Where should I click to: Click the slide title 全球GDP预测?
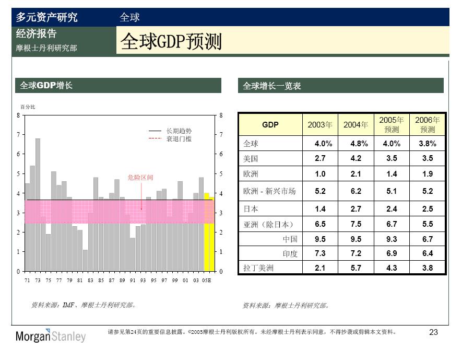pos(171,42)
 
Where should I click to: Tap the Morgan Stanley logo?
pos(51,335)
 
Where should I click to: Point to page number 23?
pos(433,332)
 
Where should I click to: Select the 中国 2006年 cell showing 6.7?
pos(428,239)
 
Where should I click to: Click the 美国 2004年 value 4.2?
pos(356,158)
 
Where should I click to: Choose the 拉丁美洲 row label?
pos(258,268)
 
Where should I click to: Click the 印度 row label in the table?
pos(290,253)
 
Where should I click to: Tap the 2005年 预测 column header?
pos(392,124)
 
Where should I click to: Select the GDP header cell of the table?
pos(270,125)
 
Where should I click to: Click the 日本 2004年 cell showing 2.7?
pos(356,209)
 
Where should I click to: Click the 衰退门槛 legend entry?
pos(179,138)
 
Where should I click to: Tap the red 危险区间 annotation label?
pos(140,178)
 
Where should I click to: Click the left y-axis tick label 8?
pos(18,115)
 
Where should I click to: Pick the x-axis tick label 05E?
pos(207,281)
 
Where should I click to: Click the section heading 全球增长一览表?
pos(272,86)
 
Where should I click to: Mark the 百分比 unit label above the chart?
pos(28,107)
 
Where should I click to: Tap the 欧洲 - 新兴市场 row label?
pos(269,191)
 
